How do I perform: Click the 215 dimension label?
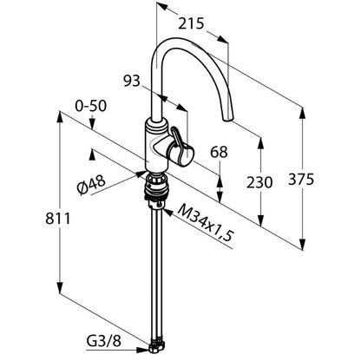point(191,23)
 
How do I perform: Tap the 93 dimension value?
point(132,81)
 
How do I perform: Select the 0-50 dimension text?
point(91,106)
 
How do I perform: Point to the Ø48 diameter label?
point(91,185)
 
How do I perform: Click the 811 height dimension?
point(58,219)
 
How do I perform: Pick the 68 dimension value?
point(219,152)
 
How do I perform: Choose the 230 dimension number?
point(259,182)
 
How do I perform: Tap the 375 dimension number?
point(301,180)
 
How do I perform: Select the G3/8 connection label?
point(103,342)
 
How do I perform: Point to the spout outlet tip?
point(227,119)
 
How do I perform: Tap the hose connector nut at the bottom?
point(156,347)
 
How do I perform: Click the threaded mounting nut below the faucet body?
point(155,187)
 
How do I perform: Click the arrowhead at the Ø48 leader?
point(141,174)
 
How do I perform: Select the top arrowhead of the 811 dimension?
point(60,117)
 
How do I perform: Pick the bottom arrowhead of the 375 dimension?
point(303,244)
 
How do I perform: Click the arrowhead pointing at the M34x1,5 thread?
point(167,212)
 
